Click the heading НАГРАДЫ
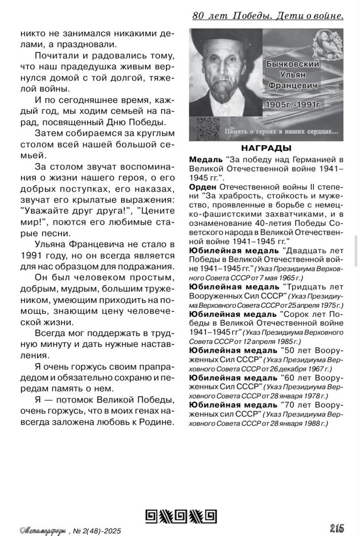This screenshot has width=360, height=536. [x=266, y=148]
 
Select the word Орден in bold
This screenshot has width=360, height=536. [x=202, y=186]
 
